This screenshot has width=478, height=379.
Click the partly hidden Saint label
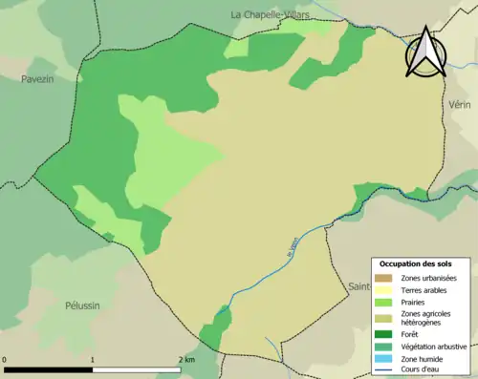(358, 285)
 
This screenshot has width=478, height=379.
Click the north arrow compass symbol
(424, 53)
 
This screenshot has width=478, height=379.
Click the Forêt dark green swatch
(384, 334)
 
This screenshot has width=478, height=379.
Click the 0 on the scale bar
(5, 359)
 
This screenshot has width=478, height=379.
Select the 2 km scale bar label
(185, 359)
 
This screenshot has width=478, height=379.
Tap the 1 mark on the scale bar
(92, 359)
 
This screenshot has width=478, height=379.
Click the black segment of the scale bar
(48, 368)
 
